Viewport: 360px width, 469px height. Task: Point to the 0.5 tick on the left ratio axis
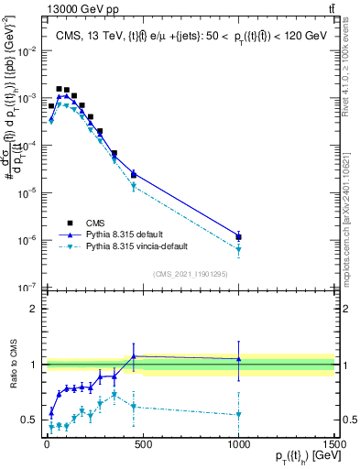pyautogui.click(x=30, y=420)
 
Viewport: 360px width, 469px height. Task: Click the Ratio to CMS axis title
pyautogui.click(x=12, y=365)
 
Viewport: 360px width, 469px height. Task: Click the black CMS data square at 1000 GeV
pyautogui.click(x=238, y=237)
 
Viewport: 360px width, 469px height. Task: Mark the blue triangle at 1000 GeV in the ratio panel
pyautogui.click(x=238, y=359)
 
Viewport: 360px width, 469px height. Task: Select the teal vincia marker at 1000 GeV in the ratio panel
pyautogui.click(x=238, y=414)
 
